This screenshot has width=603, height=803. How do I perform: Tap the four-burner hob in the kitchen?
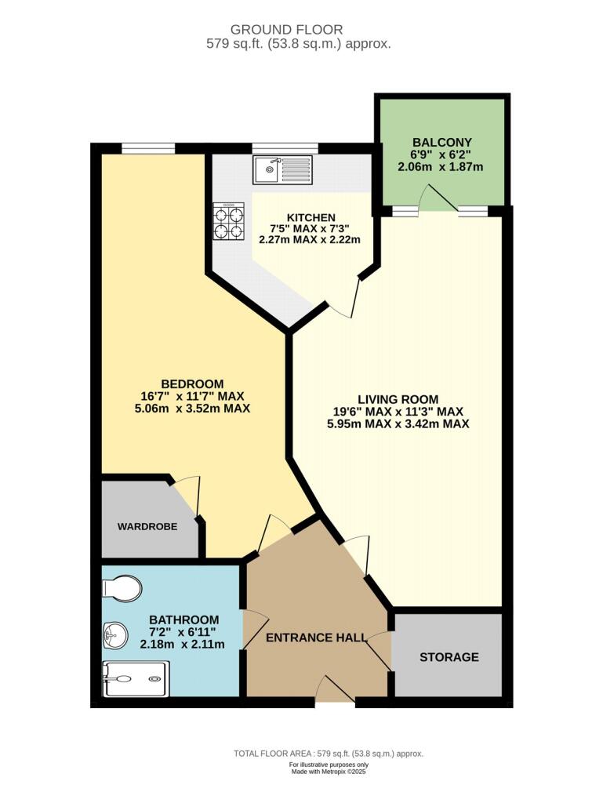pyautogui.click(x=228, y=221)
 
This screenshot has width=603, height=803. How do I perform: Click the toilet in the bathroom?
pyautogui.click(x=122, y=587)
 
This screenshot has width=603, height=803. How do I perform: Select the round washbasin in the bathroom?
pyautogui.click(x=114, y=635)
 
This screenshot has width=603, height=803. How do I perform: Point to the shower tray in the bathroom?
pyautogui.click(x=135, y=677)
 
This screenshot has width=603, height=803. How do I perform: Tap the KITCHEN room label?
pyautogui.click(x=311, y=217)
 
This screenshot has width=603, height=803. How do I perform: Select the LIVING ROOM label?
pyautogui.click(x=399, y=398)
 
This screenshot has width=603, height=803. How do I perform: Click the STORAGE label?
pyautogui.click(x=449, y=657)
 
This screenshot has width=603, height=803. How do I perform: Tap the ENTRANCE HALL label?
pyautogui.click(x=316, y=638)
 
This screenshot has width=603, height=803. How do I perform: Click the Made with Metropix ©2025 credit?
pyautogui.click(x=328, y=772)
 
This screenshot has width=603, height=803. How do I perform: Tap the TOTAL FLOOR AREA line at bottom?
pyautogui.click(x=329, y=754)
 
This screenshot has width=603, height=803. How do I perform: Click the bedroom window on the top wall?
pyautogui.click(x=148, y=147)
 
